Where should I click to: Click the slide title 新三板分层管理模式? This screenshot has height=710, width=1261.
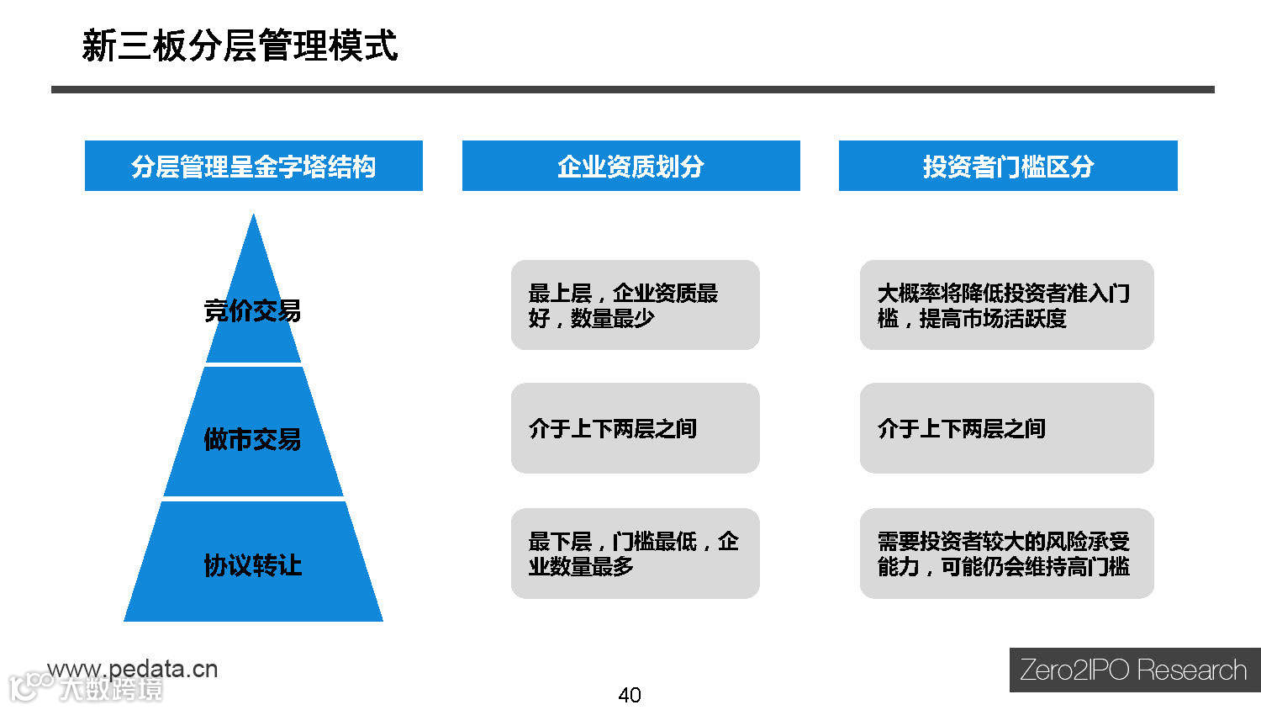click(240, 45)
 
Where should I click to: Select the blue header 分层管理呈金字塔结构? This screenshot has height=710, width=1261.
click(253, 167)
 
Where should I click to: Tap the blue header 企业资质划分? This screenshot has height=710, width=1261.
click(630, 167)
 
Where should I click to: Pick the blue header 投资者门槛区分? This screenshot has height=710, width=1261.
click(1008, 167)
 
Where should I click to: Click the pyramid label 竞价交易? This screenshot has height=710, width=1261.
click(252, 311)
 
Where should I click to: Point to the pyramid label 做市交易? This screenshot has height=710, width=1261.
click(252, 439)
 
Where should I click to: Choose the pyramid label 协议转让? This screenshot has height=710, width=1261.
click(252, 565)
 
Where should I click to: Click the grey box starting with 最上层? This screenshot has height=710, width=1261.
click(635, 305)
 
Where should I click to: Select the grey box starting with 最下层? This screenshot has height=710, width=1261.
click(635, 554)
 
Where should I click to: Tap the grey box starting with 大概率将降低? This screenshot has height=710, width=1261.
click(1006, 305)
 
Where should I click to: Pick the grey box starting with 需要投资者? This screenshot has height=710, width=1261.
click(1006, 554)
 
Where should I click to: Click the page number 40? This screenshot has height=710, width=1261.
click(630, 695)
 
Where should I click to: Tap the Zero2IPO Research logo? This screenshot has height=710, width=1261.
click(1134, 670)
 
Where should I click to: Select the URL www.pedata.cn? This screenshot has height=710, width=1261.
click(133, 669)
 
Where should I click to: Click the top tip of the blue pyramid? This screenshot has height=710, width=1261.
click(253, 217)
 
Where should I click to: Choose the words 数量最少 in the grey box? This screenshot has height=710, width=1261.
click(612, 319)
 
